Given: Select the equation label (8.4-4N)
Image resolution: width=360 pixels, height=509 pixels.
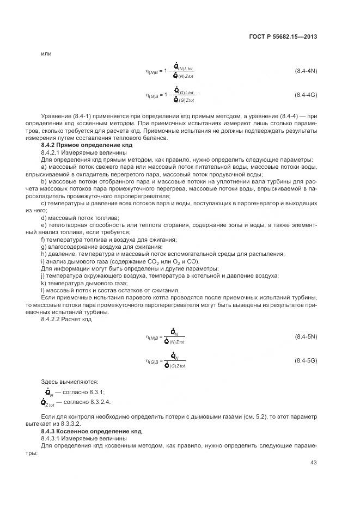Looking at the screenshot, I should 306,71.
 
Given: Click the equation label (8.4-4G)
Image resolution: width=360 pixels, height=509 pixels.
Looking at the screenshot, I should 306,95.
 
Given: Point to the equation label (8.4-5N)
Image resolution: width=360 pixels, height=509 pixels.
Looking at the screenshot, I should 306,337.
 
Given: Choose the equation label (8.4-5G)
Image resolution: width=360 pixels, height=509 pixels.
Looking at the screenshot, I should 306,361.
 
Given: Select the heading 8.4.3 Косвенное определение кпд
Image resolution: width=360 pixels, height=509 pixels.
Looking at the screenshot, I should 91,431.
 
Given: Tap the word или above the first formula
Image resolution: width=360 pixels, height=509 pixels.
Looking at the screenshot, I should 46,53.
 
